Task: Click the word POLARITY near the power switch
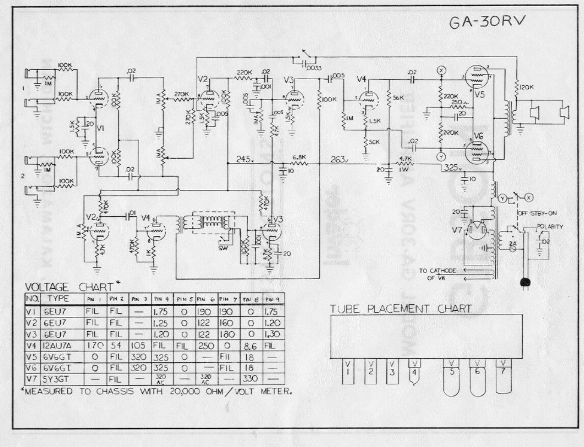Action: (550, 227)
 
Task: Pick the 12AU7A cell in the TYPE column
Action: (61, 345)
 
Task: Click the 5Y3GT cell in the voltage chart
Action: (59, 379)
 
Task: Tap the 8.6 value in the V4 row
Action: (250, 345)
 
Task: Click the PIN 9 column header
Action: (273, 299)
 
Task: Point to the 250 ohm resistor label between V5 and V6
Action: (457, 102)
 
